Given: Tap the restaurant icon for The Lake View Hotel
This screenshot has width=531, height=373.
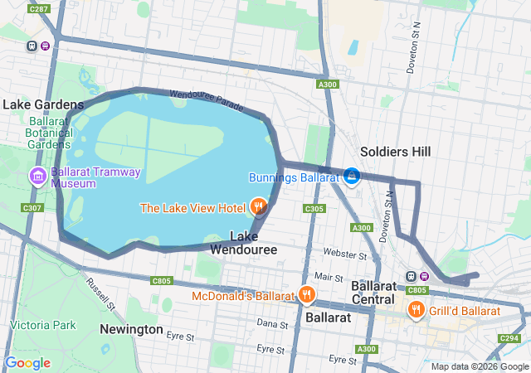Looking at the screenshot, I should [257, 206].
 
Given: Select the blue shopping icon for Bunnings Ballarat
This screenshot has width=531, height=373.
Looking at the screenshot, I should [352, 177].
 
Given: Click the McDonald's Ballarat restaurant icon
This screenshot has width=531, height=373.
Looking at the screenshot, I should [307, 294].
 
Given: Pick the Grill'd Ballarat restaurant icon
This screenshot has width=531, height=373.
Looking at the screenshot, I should [417, 311].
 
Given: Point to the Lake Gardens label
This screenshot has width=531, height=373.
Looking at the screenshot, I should [43, 105].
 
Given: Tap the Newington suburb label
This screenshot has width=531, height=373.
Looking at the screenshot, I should [131, 329].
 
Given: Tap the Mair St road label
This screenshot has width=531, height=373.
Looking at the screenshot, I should [329, 277].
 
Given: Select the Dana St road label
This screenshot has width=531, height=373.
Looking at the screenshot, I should [272, 322].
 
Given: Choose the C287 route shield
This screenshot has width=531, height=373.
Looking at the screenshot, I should [38, 9].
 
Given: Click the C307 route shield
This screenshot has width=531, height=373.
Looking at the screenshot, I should [32, 207].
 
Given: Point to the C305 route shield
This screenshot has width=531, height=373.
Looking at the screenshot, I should [314, 209].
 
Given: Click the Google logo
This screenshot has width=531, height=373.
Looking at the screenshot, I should [27, 363].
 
